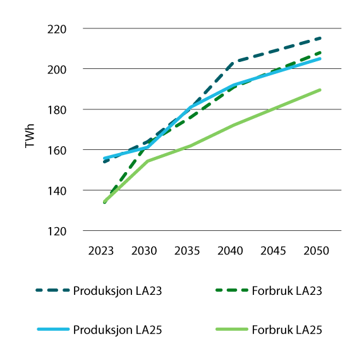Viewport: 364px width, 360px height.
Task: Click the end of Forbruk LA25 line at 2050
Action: (x=320, y=90)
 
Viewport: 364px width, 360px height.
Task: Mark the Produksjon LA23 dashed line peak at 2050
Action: (x=320, y=38)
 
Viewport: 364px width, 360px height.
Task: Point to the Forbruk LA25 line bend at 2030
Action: (x=148, y=161)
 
